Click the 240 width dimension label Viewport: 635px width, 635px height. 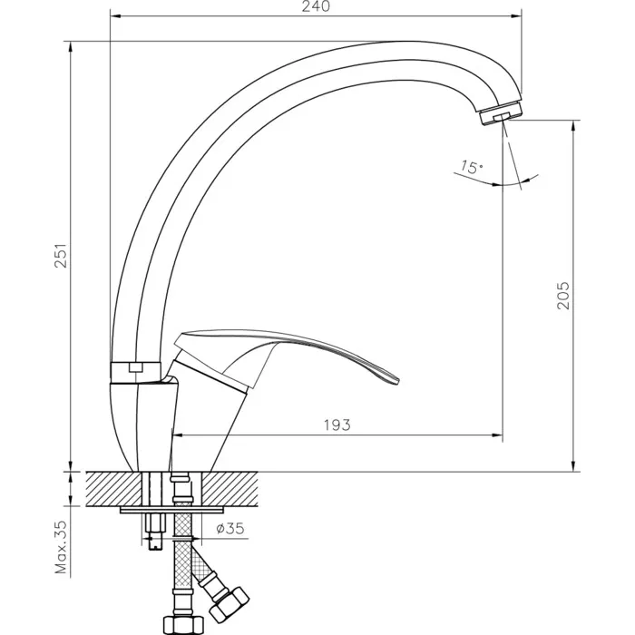tap(316, 6)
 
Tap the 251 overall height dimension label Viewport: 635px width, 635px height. tap(61, 256)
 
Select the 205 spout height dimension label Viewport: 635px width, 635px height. tap(563, 296)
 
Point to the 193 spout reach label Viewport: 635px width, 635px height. tap(337, 425)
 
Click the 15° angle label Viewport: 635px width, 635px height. tap(472, 167)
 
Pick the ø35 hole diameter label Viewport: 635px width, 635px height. tap(230, 529)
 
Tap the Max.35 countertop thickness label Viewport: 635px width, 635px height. tap(61, 547)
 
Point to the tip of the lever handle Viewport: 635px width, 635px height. tap(397, 380)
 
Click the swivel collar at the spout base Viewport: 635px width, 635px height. tap(136, 371)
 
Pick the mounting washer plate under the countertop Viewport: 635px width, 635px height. tap(172, 510)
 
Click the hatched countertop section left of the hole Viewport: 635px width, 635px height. tap(114, 489)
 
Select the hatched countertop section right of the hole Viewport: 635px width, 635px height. tap(230, 489)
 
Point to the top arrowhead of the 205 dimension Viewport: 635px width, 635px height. tap(573, 126)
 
